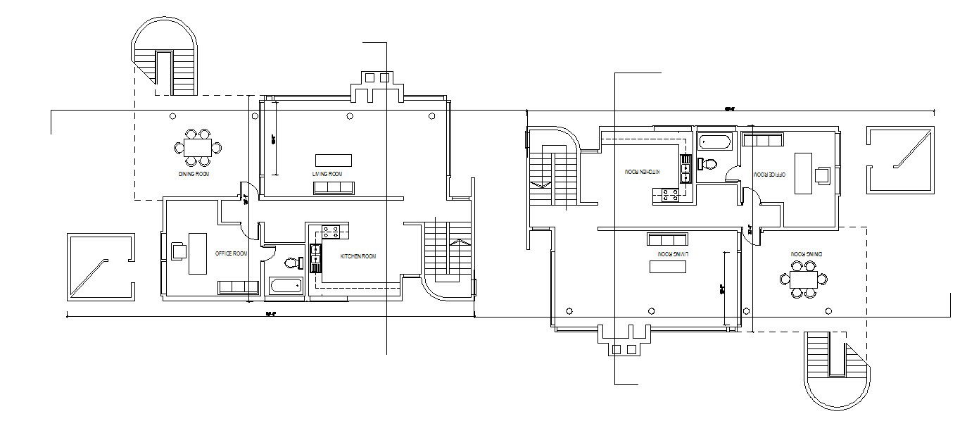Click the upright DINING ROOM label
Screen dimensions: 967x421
tap(194, 173)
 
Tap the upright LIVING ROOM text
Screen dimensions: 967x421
tap(327, 174)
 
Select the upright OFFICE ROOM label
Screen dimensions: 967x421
tap(232, 253)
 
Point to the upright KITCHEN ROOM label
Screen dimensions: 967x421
tap(358, 256)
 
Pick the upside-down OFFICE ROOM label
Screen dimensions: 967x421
tap(769, 173)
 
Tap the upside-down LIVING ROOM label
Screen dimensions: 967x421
tap(672, 253)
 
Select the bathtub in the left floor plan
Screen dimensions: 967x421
tap(286, 287)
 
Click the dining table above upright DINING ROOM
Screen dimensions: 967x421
tap(198, 147)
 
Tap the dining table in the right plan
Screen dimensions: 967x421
tap(803, 279)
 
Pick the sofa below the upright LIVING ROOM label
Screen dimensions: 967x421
tap(334, 187)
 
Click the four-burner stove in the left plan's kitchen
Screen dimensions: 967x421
tap(336, 232)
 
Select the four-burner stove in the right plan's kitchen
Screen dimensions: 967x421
tap(666, 196)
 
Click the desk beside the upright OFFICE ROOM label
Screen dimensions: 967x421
tap(197, 253)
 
